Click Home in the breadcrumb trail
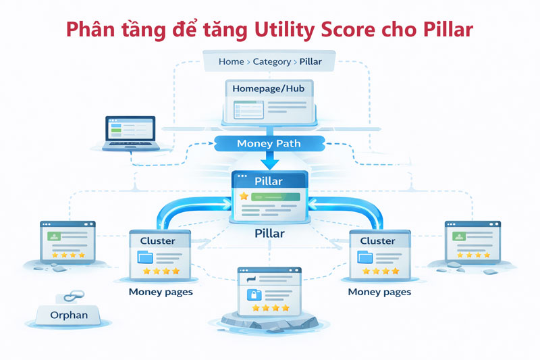(x=231, y=61)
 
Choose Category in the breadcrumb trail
(x=271, y=61)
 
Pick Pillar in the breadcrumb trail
(x=310, y=61)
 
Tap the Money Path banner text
(x=269, y=144)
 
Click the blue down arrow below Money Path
(x=269, y=161)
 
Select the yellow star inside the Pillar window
(x=244, y=196)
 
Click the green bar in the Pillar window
(x=275, y=196)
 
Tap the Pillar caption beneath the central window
(x=269, y=234)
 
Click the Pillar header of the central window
(x=269, y=181)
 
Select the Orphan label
(x=68, y=315)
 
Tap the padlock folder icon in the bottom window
(x=255, y=294)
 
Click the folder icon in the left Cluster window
(x=144, y=257)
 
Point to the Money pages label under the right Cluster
(x=379, y=292)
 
